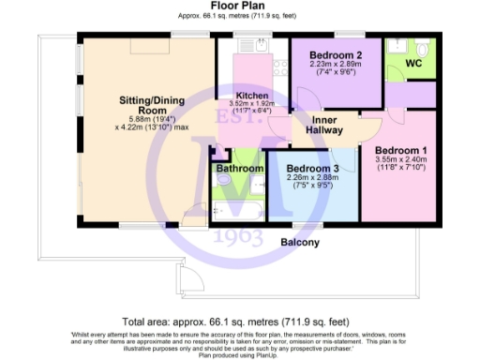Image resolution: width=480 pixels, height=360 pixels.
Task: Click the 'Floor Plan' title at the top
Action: tap(240, 7)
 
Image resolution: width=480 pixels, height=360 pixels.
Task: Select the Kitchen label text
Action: tap(252, 97)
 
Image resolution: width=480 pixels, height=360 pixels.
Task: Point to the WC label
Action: tap(412, 63)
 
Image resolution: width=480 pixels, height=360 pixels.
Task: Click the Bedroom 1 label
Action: tap(400, 150)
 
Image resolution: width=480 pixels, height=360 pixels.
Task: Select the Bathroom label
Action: tap(239, 169)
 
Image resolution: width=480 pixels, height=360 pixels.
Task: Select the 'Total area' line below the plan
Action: tap(240, 320)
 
